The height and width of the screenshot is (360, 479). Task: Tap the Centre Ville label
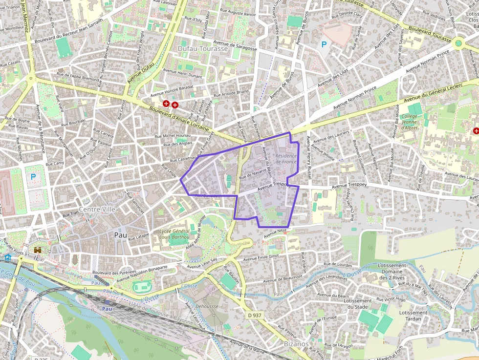[x=96, y=210]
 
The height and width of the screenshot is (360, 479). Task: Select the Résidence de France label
[x=286, y=158]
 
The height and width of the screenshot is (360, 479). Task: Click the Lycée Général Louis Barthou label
[x=174, y=234]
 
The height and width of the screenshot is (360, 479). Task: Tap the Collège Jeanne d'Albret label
[x=412, y=122]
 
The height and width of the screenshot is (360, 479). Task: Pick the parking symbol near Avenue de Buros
[x=324, y=44]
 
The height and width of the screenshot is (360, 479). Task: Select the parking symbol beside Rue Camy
[x=33, y=176]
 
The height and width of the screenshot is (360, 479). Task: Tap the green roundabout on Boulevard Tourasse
[x=458, y=43]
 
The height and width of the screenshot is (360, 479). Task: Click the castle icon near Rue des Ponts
[x=38, y=250]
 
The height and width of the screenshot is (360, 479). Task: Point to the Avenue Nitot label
[x=275, y=234]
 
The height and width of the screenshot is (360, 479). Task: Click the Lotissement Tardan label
[x=413, y=316]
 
